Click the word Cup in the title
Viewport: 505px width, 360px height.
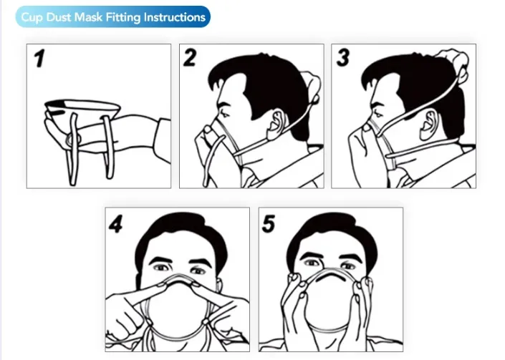tap(32, 16)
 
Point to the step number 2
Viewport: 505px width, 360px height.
tap(190, 58)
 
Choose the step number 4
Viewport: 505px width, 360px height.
tap(117, 224)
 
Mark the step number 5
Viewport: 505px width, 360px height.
tap(269, 224)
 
